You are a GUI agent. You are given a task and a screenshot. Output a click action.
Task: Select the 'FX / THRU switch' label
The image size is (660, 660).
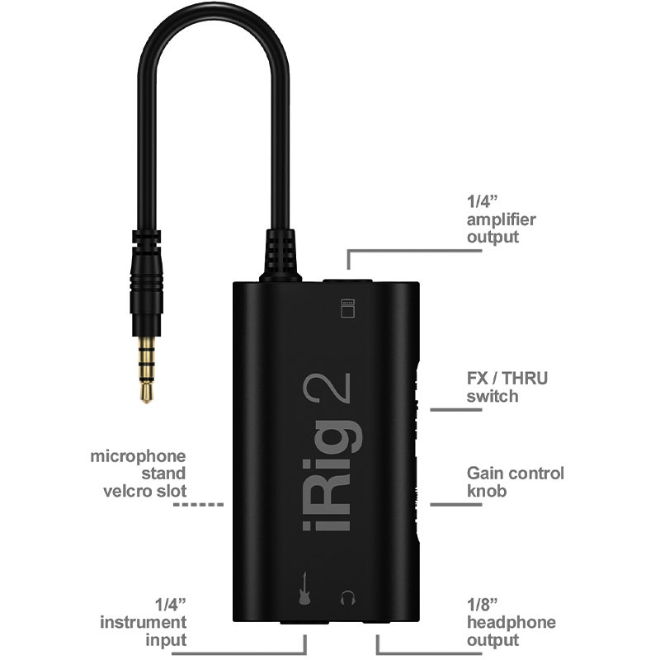coord(507,388)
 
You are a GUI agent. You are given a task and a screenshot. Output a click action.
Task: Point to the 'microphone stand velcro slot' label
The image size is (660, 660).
coord(139,474)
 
